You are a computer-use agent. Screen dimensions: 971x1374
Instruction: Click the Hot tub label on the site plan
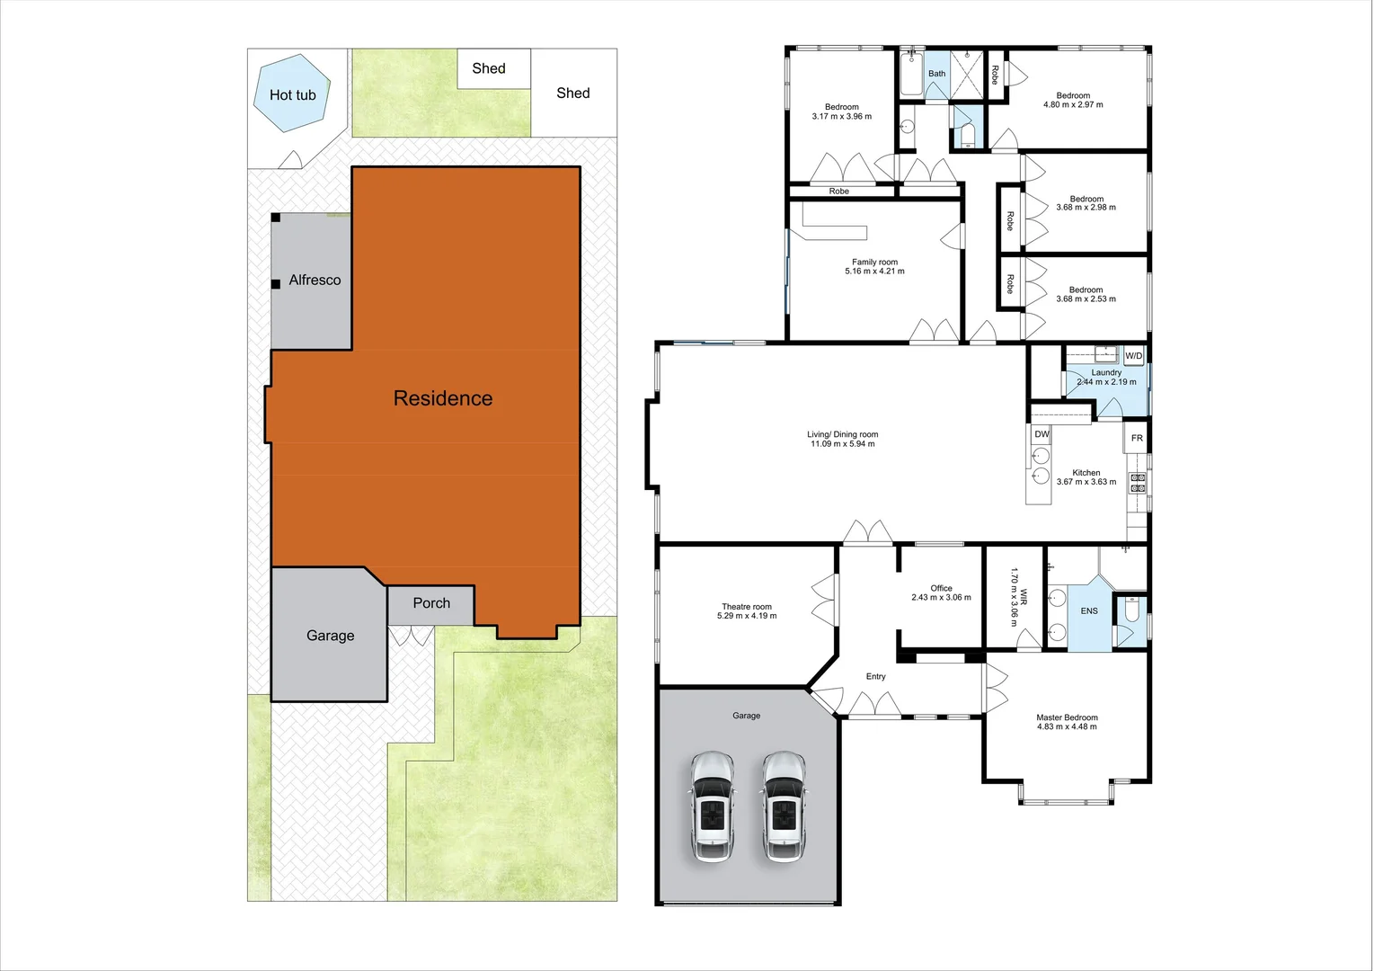click(x=292, y=95)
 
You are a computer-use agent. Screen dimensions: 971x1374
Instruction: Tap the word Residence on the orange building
click(x=442, y=398)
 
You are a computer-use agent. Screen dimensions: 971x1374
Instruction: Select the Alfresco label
click(x=315, y=281)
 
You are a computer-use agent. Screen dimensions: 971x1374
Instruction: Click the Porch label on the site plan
click(x=431, y=603)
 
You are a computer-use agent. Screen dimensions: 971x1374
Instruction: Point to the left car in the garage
click(x=713, y=806)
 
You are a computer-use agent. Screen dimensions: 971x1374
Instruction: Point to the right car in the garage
click(x=785, y=806)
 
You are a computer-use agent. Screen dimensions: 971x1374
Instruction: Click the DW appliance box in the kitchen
click(x=1042, y=434)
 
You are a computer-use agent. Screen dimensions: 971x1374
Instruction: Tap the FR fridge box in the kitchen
click(x=1137, y=438)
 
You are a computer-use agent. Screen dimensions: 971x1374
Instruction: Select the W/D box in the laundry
click(x=1134, y=356)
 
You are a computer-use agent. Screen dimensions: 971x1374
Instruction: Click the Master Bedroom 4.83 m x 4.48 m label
click(x=1067, y=722)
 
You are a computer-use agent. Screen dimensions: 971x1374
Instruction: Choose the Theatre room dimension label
click(x=746, y=611)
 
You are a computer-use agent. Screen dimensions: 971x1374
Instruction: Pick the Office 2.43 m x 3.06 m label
click(x=941, y=592)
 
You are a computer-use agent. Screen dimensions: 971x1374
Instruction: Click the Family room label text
click(x=874, y=266)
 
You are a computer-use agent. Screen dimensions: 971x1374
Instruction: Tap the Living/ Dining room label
click(x=842, y=439)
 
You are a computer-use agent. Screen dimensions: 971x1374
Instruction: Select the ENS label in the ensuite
click(x=1089, y=611)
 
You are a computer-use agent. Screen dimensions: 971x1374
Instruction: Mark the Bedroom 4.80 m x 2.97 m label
click(x=1073, y=100)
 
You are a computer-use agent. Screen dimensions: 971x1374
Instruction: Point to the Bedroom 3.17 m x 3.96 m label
click(x=841, y=111)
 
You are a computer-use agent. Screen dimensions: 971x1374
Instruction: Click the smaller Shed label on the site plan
click(x=489, y=68)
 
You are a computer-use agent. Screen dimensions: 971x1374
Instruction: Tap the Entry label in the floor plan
click(x=875, y=677)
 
